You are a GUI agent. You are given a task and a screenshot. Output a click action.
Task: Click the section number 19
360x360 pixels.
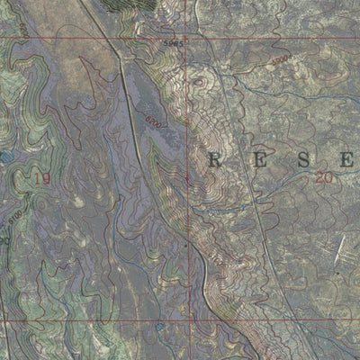tap(40, 178)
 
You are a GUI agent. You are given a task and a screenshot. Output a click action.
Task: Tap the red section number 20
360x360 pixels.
tap(324, 178)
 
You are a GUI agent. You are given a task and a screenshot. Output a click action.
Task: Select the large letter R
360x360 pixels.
tap(216, 161)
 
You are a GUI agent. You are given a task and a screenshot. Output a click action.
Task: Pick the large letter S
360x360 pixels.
tap(302, 161)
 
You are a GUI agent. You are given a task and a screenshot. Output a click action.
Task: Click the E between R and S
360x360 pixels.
tap(259, 161)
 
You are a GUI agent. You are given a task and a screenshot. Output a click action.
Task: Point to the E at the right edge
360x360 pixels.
tap(346, 161)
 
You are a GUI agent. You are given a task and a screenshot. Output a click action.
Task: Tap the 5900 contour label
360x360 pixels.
tap(280, 59)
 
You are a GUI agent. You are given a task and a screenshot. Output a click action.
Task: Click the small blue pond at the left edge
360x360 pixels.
tap(7, 157)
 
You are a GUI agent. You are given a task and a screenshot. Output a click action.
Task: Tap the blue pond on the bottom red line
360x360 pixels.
tap(160, 326)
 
